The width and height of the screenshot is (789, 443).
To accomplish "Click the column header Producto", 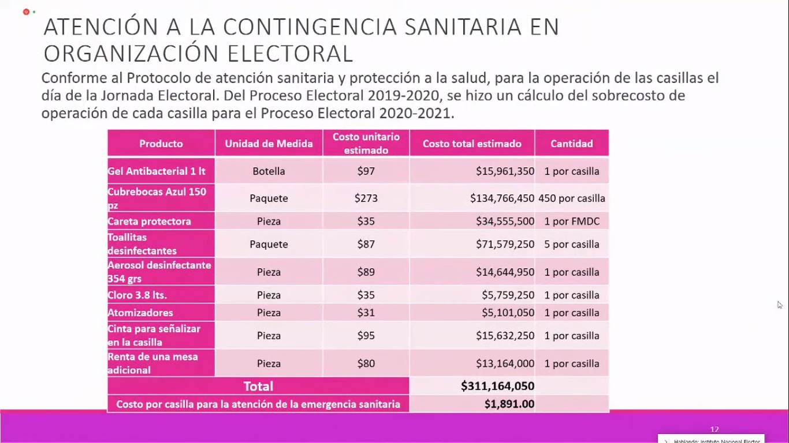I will click(161, 144).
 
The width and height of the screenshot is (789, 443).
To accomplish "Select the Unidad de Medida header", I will click(269, 144).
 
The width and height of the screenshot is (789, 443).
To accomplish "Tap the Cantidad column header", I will click(571, 144).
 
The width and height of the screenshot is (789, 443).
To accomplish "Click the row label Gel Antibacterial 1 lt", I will click(157, 171).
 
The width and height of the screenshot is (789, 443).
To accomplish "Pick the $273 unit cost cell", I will click(366, 198).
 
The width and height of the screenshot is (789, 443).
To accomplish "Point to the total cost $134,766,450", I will click(502, 198).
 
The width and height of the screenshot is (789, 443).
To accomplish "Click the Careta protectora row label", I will click(149, 221).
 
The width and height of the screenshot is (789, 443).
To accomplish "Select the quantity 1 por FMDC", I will click(571, 221).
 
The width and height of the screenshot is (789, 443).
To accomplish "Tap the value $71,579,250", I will click(505, 245).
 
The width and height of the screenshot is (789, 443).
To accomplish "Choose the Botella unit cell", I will click(269, 171).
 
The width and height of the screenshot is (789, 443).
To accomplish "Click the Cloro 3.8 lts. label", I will click(137, 295).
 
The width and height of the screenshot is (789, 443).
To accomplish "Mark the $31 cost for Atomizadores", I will click(366, 313).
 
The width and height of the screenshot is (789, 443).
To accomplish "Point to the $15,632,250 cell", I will click(505, 336).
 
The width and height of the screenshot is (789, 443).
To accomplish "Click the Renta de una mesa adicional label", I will click(152, 363).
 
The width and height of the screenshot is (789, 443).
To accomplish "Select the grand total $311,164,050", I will click(497, 386).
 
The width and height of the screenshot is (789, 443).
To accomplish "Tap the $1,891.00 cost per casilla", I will click(509, 404).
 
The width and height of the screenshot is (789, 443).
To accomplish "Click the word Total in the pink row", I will click(258, 386).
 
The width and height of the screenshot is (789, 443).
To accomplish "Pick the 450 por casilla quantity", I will click(571, 198).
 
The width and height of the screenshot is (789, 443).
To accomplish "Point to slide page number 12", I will click(714, 429).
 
